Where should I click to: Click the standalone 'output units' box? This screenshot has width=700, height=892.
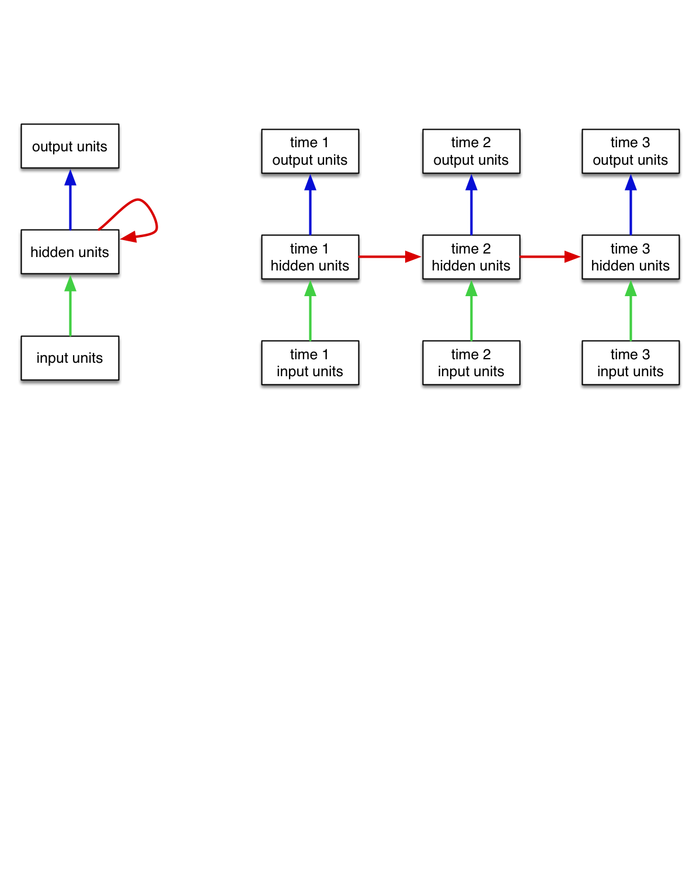click(70, 146)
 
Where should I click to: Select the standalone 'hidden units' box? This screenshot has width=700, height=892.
click(70, 252)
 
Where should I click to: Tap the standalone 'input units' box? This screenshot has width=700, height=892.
click(70, 358)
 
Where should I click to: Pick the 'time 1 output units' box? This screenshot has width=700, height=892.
click(310, 151)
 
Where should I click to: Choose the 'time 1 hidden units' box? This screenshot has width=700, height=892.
click(310, 257)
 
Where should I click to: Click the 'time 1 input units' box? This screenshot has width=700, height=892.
click(310, 363)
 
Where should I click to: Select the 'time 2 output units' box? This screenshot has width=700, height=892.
click(471, 151)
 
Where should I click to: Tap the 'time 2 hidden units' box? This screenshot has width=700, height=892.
click(471, 257)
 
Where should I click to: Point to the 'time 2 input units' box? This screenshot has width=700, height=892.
click(471, 363)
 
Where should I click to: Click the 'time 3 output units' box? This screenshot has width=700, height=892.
click(631, 151)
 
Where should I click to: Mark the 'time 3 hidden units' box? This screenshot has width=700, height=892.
click(631, 257)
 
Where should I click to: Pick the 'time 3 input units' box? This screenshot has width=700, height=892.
click(631, 363)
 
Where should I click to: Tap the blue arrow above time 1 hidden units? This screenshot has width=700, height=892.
click(310, 204)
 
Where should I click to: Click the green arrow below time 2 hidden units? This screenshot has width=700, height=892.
click(471, 310)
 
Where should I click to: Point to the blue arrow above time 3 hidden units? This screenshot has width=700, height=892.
click(631, 204)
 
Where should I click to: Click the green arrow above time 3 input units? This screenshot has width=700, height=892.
click(631, 310)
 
